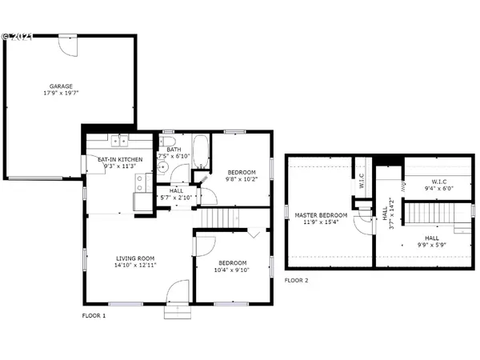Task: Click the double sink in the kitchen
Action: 119,142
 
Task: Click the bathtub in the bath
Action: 200,151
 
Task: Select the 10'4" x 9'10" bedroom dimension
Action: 230,270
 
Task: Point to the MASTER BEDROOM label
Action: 322,215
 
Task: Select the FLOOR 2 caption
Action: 296,281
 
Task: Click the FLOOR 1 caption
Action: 94,316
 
